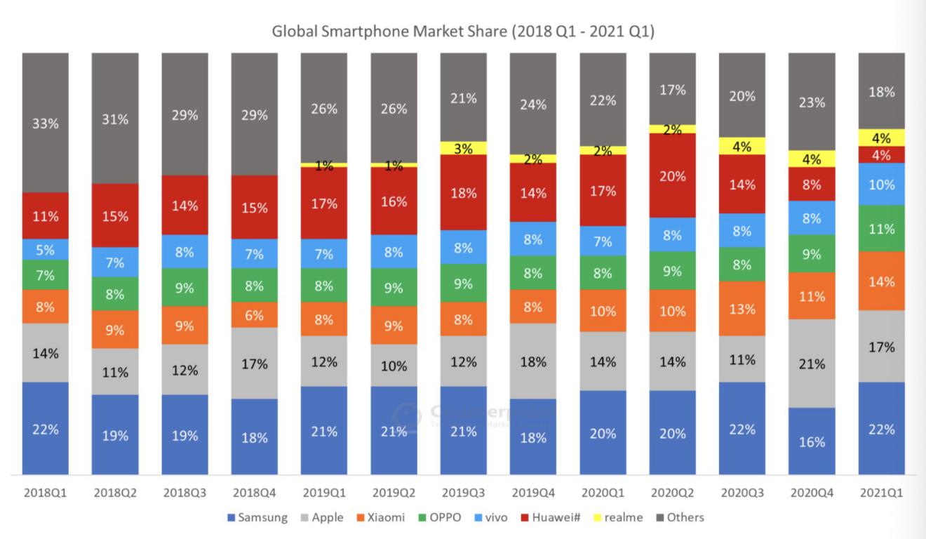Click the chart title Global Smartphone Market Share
[x=462, y=32]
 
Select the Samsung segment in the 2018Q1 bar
[x=45, y=428]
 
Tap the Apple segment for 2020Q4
[x=812, y=364]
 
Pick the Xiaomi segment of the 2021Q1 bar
[x=881, y=281]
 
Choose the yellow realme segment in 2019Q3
[x=463, y=148]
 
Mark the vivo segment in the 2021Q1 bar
[x=881, y=184]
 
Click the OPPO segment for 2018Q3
[x=184, y=288]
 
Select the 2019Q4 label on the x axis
[x=532, y=493]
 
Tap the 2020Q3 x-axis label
[x=742, y=493]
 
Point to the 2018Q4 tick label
[x=254, y=493]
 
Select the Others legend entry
[x=680, y=518]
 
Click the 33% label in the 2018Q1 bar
[x=45, y=124]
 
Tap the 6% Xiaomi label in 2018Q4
[x=254, y=316]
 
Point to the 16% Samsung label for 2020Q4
[x=812, y=442]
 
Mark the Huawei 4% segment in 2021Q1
[x=881, y=155]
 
